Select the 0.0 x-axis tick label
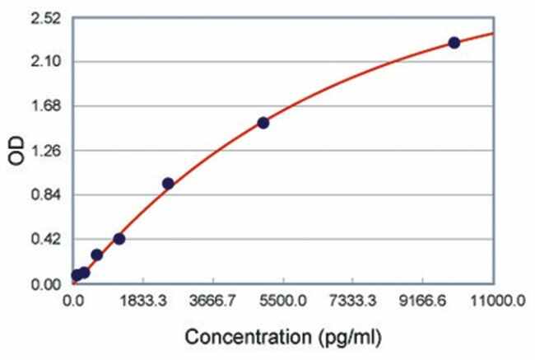click(76, 302)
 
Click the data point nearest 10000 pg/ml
click(454, 43)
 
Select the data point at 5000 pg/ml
click(263, 123)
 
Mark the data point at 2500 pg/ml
click(168, 184)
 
